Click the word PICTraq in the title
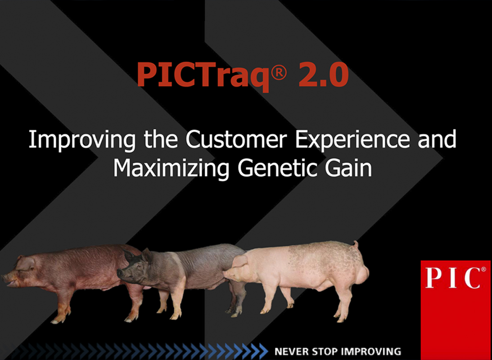[x=203, y=75]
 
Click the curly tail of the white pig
[x=356, y=245]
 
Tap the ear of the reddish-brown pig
[x=26, y=263]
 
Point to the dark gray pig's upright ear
[x=147, y=255]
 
